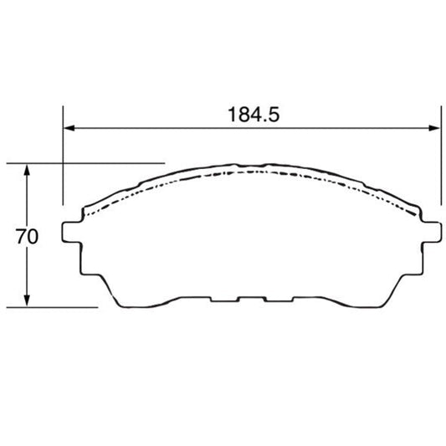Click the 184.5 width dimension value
pyautogui.click(x=254, y=115)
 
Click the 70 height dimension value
pyautogui.click(x=27, y=236)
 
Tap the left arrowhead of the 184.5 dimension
pyautogui.click(x=69, y=128)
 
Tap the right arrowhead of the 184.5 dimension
pyautogui.click(x=434, y=128)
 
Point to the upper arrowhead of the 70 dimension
pyautogui.click(x=27, y=170)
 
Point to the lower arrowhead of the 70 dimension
pyautogui.click(x=27, y=300)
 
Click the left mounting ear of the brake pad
pyautogui.click(x=72, y=232)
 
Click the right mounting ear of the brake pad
pyautogui.click(x=432, y=232)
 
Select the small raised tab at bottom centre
pyautogui.click(x=252, y=300)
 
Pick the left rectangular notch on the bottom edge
pyautogui.click(x=224, y=300)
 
